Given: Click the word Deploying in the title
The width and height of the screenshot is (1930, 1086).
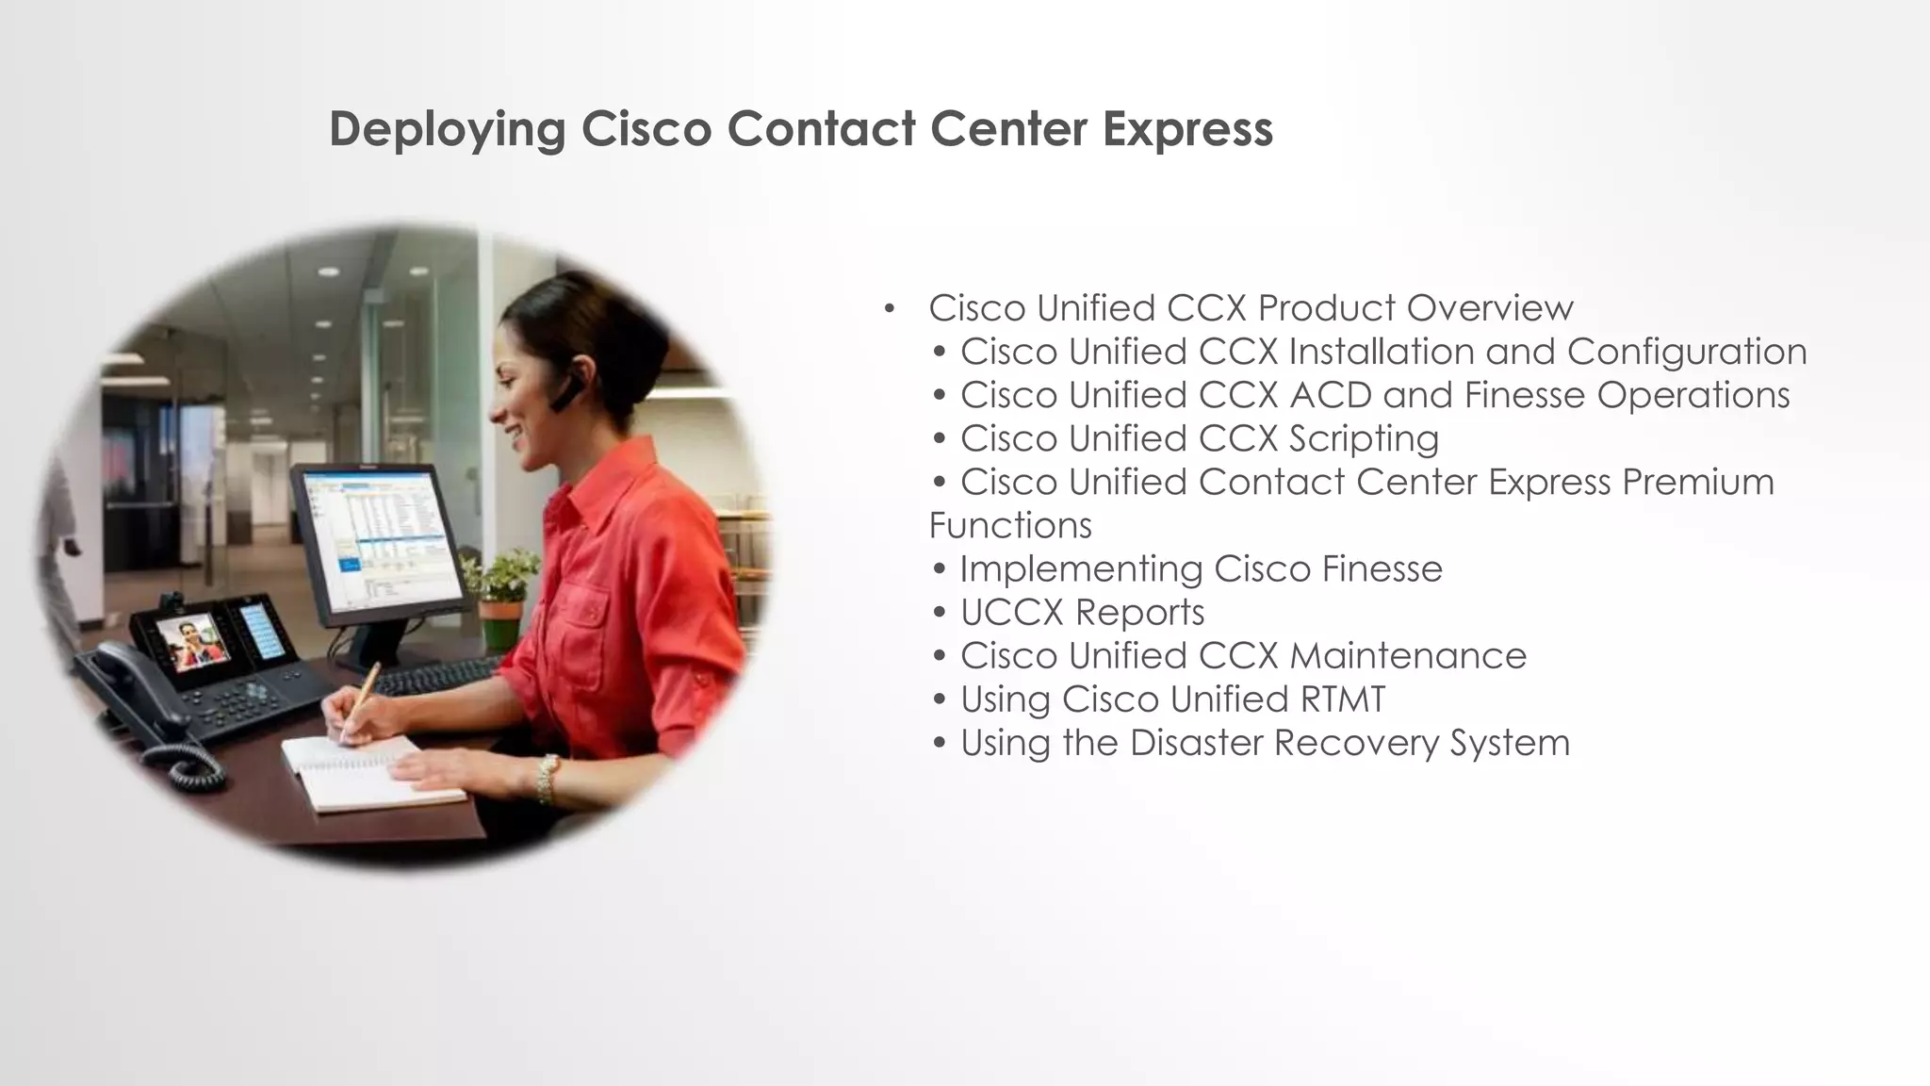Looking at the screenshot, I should pos(447,130).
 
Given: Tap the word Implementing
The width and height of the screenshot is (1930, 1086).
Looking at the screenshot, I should pos(1080,569).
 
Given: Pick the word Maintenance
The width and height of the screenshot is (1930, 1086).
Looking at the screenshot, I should pos(1408,656).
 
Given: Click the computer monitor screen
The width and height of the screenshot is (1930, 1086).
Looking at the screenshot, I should pos(386,537).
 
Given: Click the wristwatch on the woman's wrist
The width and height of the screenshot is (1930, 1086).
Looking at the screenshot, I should pos(547,779).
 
